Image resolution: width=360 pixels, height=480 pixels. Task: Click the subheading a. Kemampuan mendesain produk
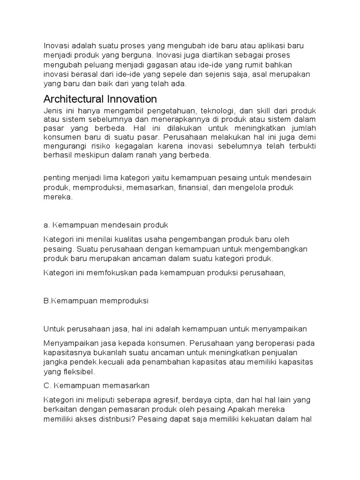click(x=105, y=225)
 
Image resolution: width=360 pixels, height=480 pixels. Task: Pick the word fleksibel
click(x=77, y=371)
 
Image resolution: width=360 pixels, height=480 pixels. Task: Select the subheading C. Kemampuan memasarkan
click(x=96, y=386)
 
